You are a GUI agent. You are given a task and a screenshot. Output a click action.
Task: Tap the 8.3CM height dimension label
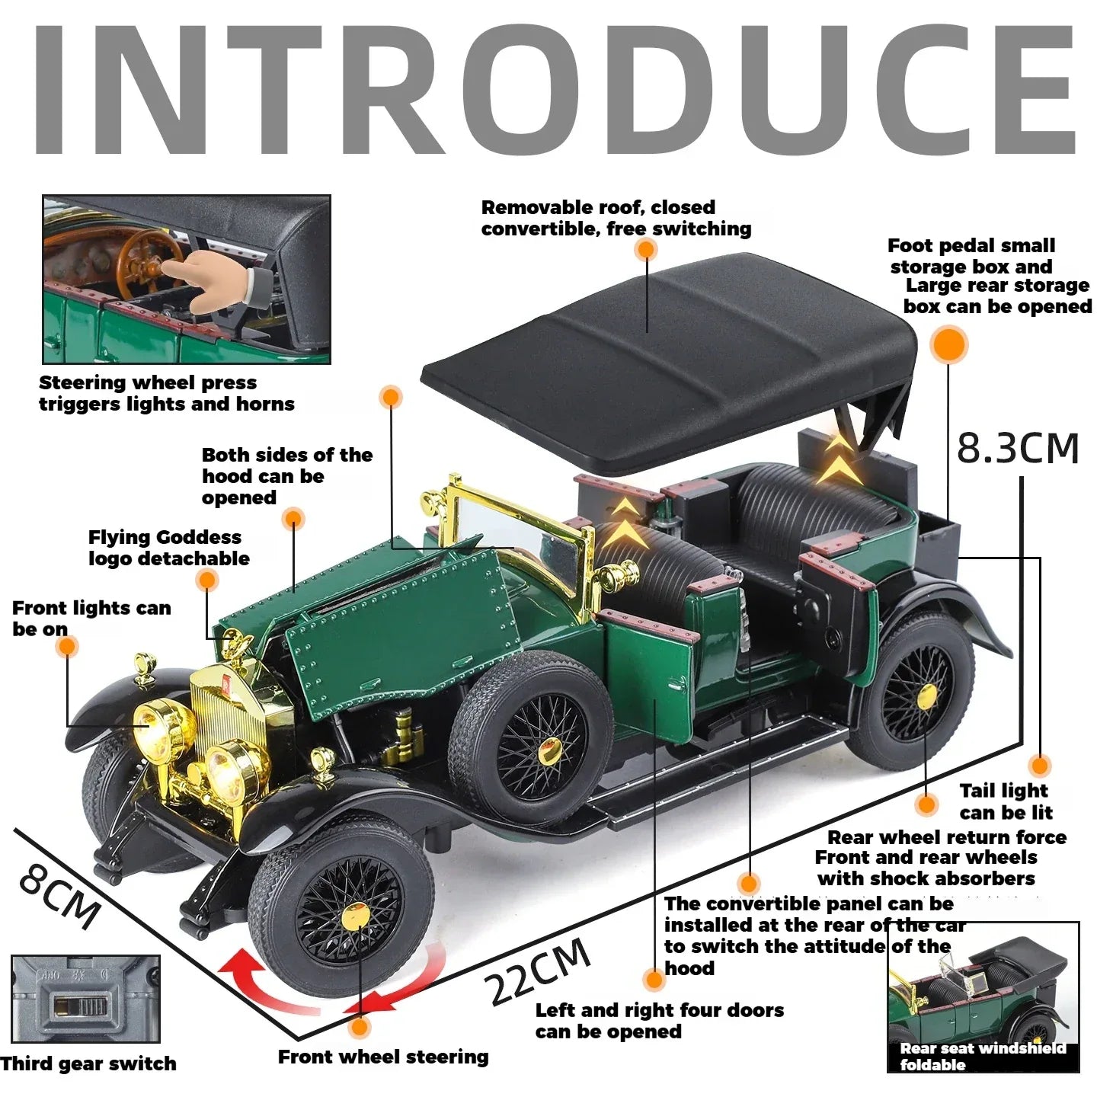[x=1018, y=448]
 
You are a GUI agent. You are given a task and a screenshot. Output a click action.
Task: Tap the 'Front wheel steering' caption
[x=383, y=1057]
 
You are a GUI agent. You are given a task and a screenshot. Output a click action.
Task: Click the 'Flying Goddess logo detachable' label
[x=168, y=548]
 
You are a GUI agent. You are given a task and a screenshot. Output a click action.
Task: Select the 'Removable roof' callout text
[x=616, y=218]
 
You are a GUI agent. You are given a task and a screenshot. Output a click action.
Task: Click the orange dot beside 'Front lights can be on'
[x=67, y=647]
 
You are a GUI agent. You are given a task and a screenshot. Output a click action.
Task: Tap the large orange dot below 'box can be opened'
[x=949, y=344]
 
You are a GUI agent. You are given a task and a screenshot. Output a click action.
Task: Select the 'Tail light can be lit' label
[x=1005, y=801]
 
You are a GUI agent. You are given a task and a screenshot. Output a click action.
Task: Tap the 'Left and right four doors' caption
[x=659, y=1021]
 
